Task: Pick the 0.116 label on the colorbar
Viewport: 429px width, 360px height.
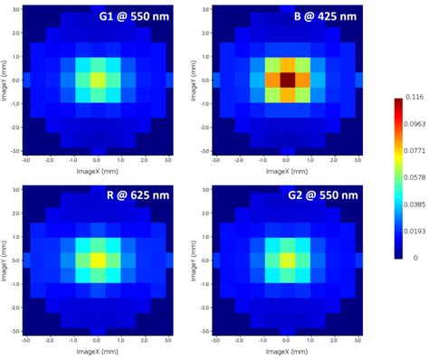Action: tap(416, 97)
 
